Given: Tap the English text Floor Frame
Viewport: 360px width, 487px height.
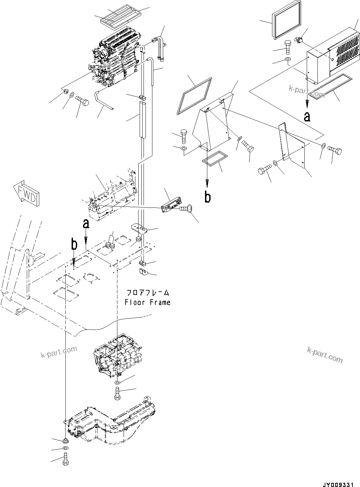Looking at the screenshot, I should click(147, 302).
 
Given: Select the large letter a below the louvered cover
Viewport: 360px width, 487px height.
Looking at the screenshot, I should click(307, 116).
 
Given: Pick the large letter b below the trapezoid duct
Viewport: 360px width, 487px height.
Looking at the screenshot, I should click(208, 197).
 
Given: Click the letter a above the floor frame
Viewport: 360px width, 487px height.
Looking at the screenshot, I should click(86, 224).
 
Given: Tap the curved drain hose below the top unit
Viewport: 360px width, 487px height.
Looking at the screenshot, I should click(103, 100).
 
